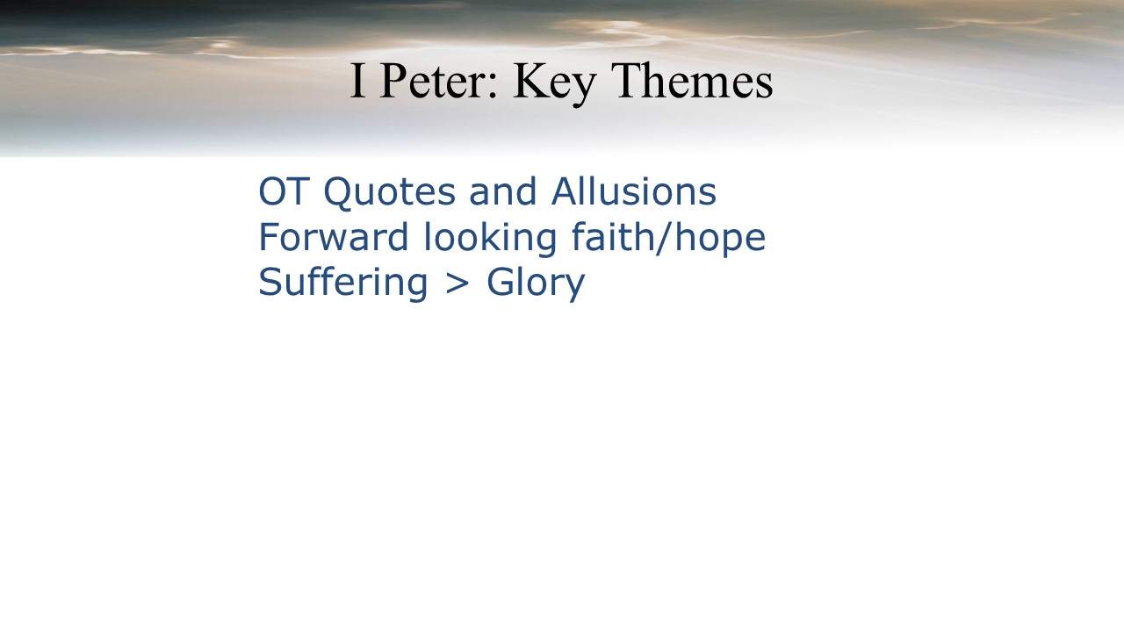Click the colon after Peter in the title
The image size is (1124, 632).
point(492,87)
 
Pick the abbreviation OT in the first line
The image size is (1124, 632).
point(282,191)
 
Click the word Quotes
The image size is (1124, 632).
point(390,192)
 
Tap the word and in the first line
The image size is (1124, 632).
point(503,191)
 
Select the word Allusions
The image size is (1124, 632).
point(634,191)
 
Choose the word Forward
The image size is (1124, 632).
point(334,237)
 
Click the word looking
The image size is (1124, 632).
point(490,240)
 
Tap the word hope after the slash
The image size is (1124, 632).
point(720,240)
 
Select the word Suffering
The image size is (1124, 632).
point(343,284)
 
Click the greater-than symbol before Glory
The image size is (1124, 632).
point(458,284)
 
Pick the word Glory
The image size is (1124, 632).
point(536,284)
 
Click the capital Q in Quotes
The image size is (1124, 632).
point(340,192)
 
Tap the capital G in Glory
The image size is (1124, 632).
point(501,282)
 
